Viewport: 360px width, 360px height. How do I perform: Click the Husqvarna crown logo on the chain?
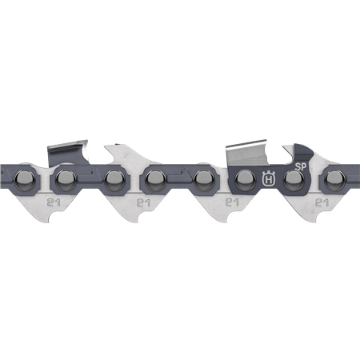click(267, 178)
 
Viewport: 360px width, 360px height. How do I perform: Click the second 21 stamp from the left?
click(145, 202)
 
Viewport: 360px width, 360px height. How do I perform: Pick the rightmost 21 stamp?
click(324, 202)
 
